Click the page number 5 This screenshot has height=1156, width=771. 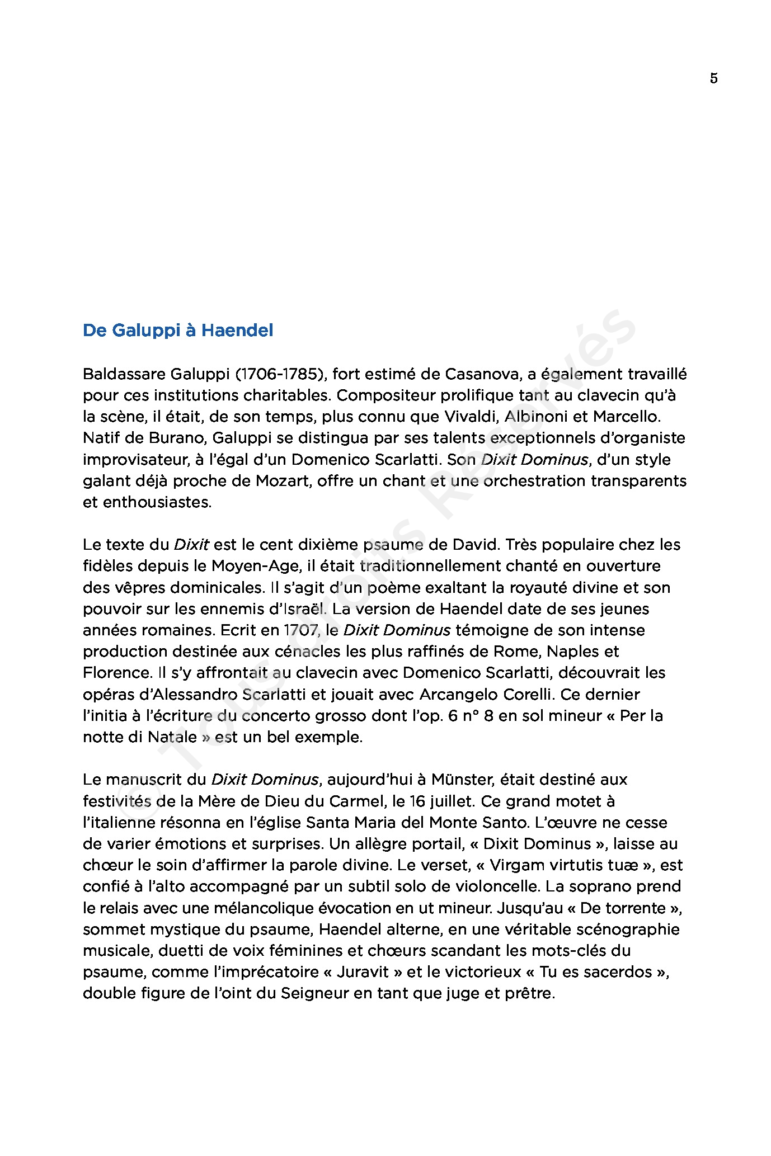pos(713,78)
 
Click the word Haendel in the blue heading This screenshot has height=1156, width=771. pos(237,331)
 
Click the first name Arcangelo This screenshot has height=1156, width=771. pos(458,695)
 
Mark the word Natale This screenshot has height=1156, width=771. pos(172,737)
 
